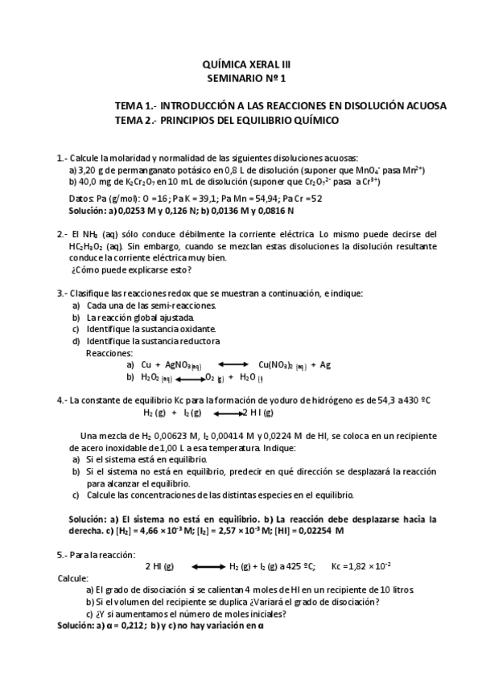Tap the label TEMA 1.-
(136, 106)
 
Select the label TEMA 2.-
(136, 120)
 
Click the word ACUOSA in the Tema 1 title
(424, 106)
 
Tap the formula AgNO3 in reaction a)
(179, 365)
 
